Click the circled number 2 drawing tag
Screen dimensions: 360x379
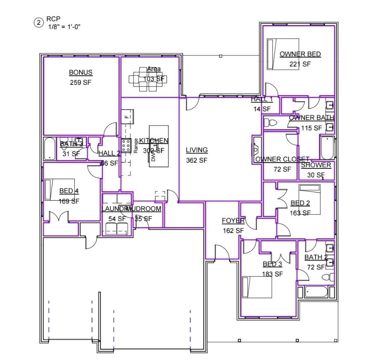coord(38,23)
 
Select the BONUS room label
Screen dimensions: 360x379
coord(81,73)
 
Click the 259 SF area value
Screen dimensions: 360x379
coord(81,82)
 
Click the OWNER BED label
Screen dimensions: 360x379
coord(300,54)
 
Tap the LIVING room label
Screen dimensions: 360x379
coord(197,150)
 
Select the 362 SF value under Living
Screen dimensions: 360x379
coord(197,160)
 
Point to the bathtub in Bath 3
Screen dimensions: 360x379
coord(50,149)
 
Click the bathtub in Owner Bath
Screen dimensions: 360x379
coord(327,148)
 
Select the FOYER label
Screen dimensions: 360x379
coord(233,221)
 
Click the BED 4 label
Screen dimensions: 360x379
coord(69,191)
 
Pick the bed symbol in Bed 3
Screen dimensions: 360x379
coord(257,287)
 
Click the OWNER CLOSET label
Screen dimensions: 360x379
coord(282,160)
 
